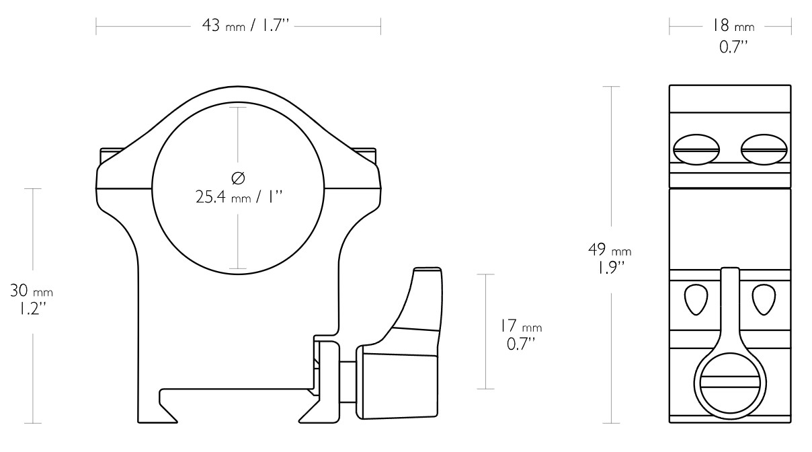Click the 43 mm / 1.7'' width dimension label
245,26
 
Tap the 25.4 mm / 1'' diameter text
239,197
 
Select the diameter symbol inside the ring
238,178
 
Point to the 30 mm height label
32,291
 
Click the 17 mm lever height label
521,326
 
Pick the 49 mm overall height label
610,250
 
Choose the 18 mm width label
733,26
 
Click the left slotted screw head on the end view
696,149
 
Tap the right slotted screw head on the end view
764,149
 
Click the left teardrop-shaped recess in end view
696,299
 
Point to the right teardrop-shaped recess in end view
764,299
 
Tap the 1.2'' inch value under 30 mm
32,309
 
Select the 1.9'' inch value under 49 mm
610,268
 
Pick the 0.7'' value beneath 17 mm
521,344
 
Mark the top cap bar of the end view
730,99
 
